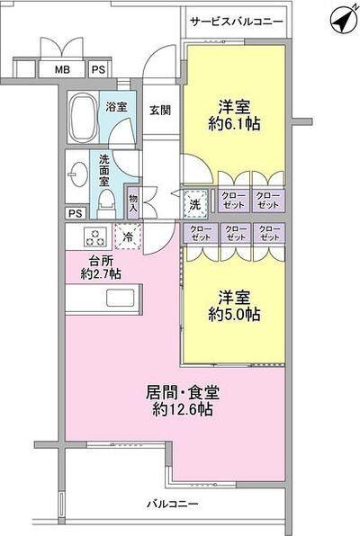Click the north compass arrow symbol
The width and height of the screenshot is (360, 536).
click(338, 18)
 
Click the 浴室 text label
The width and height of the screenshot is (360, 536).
click(116, 107)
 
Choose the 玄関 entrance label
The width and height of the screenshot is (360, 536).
click(159, 110)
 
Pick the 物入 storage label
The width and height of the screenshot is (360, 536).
click(133, 202)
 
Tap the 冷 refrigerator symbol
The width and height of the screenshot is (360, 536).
click(128, 237)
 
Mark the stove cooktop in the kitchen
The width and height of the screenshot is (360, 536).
click(94, 237)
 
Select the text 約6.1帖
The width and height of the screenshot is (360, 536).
click(235, 125)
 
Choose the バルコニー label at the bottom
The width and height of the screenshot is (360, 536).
click(173, 505)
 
